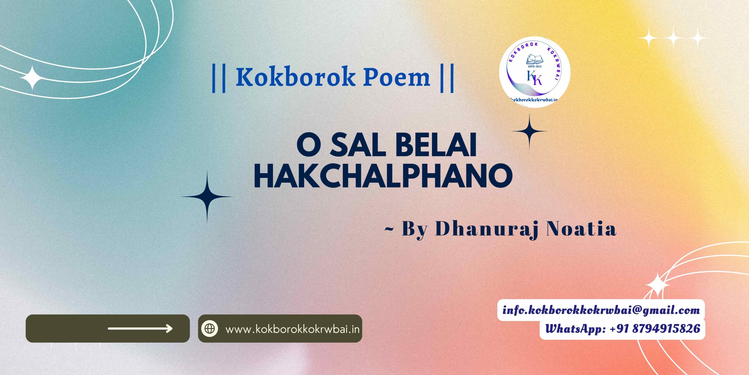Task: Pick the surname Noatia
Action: coord(582,229)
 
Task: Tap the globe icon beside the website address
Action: coord(209,328)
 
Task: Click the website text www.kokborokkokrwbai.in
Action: coord(293,329)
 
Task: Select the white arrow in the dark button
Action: coord(140,328)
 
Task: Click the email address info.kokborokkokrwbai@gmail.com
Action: coord(601,310)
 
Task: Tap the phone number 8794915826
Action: coord(666,329)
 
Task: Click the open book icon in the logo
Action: coord(535,59)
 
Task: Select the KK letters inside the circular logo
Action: coord(535,78)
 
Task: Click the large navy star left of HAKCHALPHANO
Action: coord(207,197)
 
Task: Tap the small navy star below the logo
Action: coord(529,132)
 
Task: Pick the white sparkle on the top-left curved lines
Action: coord(32,78)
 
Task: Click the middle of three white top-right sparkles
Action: coord(673,38)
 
